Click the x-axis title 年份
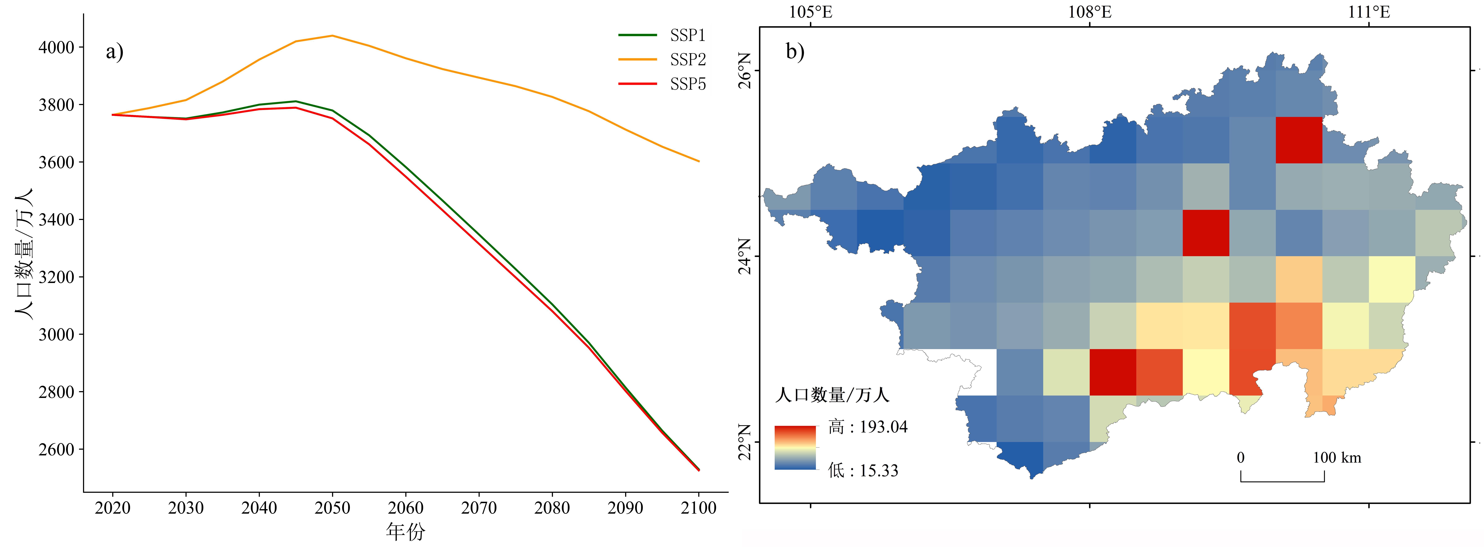coord(406,531)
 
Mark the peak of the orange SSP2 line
coord(332,36)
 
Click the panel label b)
coord(795,52)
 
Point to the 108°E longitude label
coord(1089,12)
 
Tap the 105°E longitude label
coord(810,12)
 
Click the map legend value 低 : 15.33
coord(863,470)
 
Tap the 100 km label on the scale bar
coord(1337,458)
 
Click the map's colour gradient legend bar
coord(796,447)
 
